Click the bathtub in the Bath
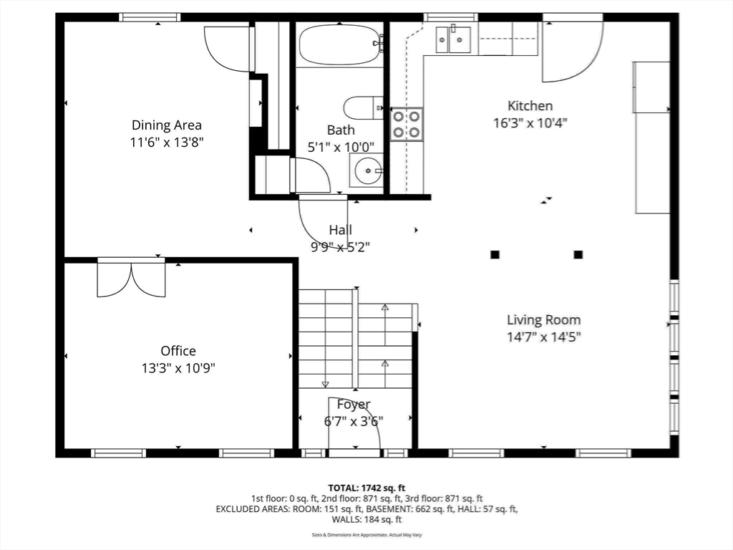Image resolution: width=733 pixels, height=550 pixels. (x=340, y=44)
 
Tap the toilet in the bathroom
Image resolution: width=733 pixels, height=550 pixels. (x=363, y=108)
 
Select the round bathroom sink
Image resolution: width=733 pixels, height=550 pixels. (x=368, y=170)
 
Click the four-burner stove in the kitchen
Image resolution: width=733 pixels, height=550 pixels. (x=407, y=124)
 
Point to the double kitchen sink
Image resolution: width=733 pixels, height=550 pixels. (x=453, y=39)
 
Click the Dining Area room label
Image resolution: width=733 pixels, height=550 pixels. (x=166, y=125)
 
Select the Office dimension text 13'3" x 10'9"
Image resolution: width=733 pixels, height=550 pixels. (x=178, y=368)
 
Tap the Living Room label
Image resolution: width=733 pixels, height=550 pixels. (x=544, y=320)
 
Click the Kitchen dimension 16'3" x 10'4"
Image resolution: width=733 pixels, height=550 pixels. (x=530, y=123)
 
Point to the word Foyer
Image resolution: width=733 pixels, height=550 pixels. (x=354, y=405)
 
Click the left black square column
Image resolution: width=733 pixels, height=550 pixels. (x=495, y=254)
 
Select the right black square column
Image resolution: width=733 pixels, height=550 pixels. (x=578, y=254)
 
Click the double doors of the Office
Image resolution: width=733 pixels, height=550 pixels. (x=132, y=279)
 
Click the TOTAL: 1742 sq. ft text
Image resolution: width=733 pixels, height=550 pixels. (x=366, y=488)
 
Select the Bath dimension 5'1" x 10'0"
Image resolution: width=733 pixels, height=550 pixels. (x=341, y=148)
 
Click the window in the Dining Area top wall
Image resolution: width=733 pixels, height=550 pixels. (x=150, y=17)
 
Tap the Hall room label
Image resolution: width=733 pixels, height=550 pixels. (x=340, y=230)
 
